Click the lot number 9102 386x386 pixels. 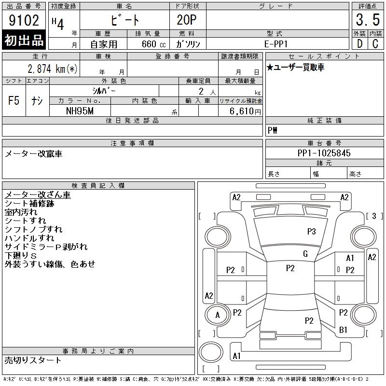(24, 20)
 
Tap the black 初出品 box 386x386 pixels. (24, 41)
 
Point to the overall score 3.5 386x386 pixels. (367, 20)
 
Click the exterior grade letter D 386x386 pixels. (359, 43)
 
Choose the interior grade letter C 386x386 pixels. (375, 43)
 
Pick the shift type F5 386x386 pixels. (14, 101)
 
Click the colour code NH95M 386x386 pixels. (80, 111)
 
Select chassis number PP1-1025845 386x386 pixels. (324, 153)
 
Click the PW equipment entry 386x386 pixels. (273, 131)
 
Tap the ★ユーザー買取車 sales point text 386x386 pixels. (295, 67)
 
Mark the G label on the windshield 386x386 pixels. (305, 254)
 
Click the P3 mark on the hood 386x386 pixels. (311, 232)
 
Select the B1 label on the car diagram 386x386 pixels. (343, 330)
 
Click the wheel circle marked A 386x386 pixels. (218, 315)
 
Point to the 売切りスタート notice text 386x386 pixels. (33, 360)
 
